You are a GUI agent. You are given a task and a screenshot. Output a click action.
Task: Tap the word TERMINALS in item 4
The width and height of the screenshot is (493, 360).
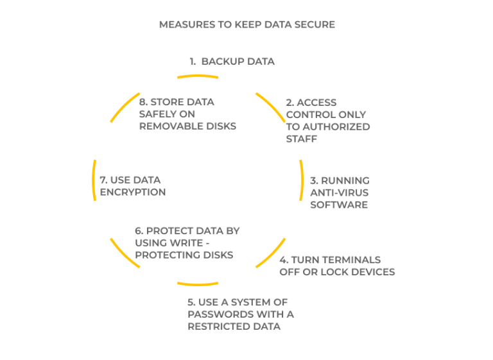tap(349, 260)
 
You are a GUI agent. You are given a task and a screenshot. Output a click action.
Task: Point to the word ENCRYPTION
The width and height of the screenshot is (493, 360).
tap(133, 192)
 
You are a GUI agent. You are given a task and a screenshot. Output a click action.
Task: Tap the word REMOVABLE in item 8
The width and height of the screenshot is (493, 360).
tap(171, 126)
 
